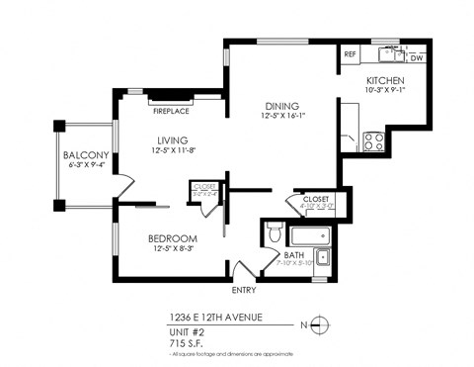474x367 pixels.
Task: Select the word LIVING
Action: (x=171, y=139)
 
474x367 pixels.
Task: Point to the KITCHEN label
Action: (x=385, y=81)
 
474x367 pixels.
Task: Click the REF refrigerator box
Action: (x=351, y=55)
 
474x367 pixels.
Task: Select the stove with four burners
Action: (x=374, y=141)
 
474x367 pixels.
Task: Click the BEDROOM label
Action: (x=173, y=238)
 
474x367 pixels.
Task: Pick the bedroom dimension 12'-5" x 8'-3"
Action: (x=173, y=250)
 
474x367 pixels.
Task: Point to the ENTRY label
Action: (x=244, y=290)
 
